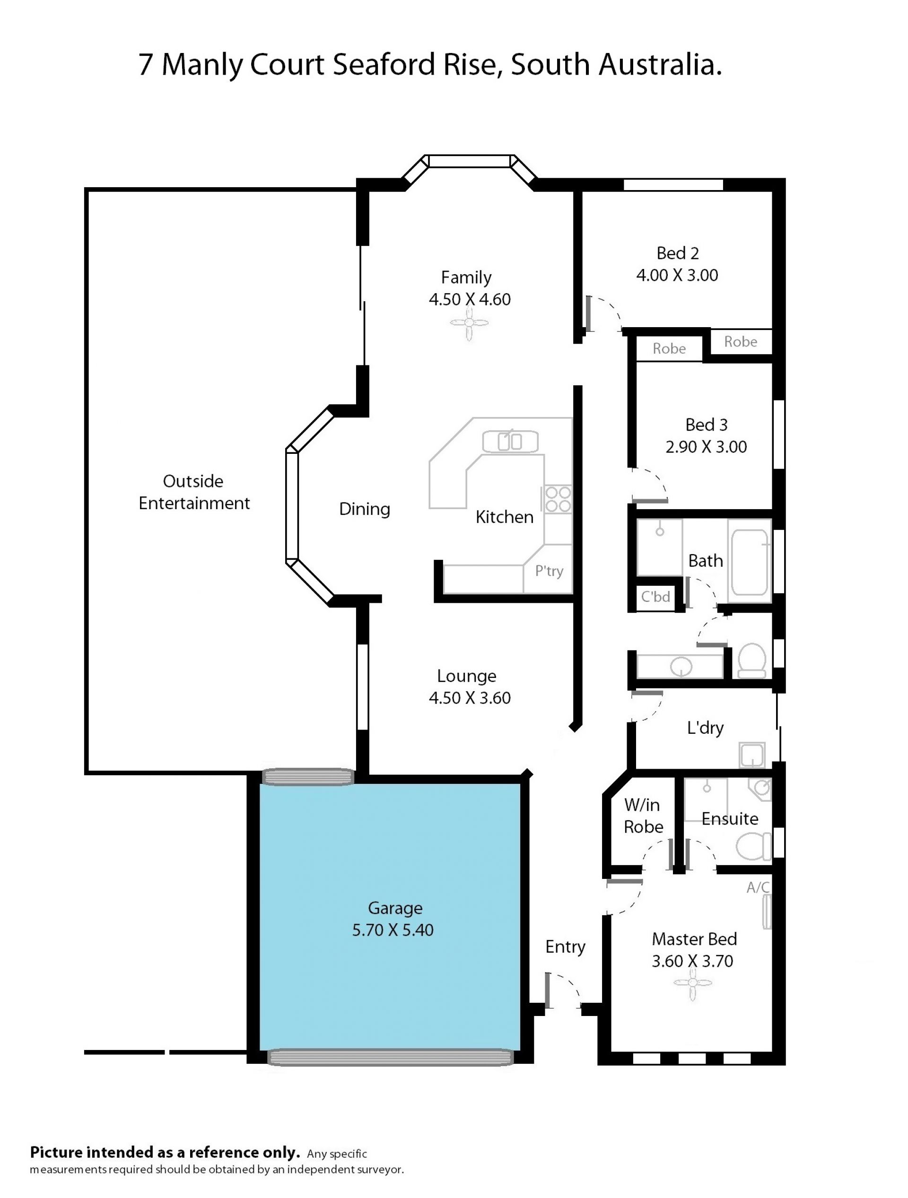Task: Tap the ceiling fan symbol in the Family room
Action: point(469,323)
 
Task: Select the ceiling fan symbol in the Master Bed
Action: point(693,983)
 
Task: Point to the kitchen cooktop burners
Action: point(558,499)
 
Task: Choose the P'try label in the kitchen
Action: point(549,571)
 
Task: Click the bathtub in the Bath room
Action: point(750,561)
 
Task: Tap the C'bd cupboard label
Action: point(655,596)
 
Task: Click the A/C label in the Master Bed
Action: point(758,887)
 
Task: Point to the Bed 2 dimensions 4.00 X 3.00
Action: point(677,275)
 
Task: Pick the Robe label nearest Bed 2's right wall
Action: point(741,342)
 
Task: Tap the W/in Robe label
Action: point(643,816)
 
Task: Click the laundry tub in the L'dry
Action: point(752,755)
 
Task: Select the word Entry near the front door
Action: point(565,946)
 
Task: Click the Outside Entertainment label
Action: point(194,492)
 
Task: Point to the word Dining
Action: point(365,509)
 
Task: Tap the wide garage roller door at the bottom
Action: point(390,1057)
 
